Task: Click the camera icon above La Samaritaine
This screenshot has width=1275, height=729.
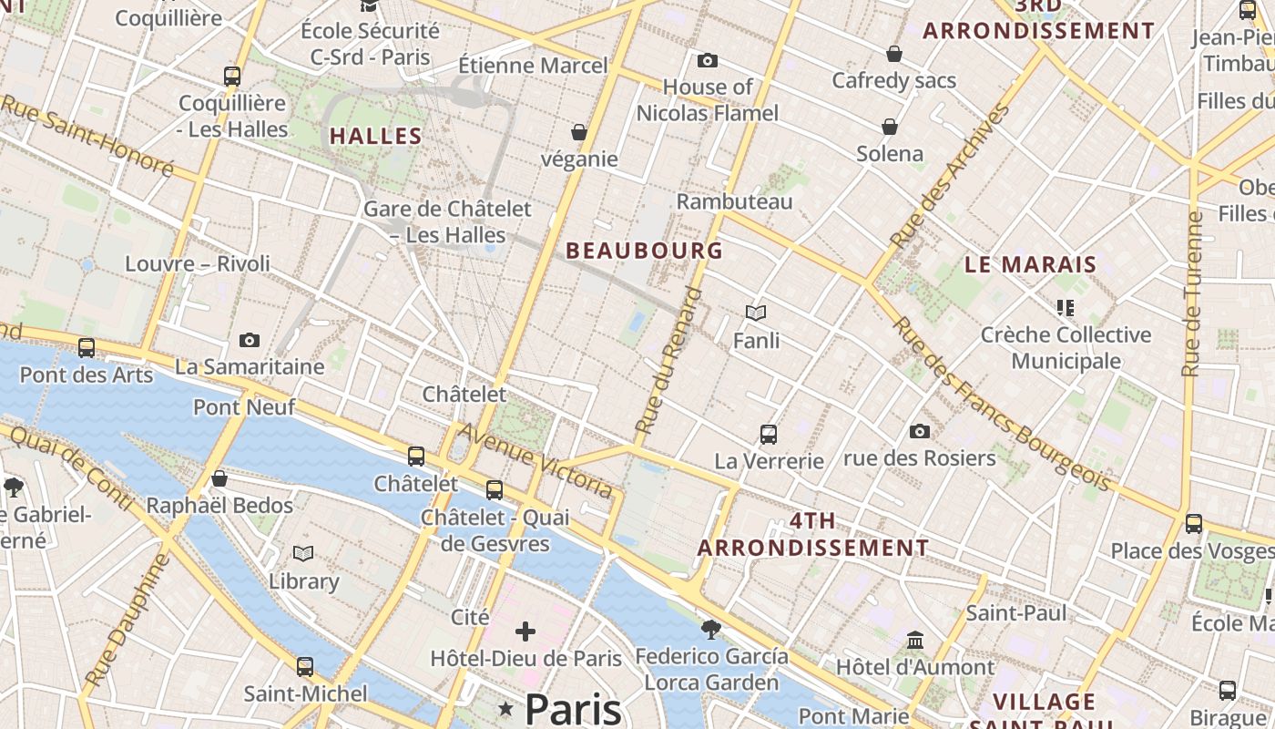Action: click(250, 341)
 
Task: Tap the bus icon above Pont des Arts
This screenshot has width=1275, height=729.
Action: click(87, 347)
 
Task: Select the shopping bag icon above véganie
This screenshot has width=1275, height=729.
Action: click(578, 133)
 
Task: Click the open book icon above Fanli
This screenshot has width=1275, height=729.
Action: click(756, 313)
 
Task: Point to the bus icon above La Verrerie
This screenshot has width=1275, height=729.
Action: click(769, 435)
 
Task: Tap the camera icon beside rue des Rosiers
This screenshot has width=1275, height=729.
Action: click(920, 431)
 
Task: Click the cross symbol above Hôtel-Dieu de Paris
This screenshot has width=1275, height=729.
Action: click(525, 631)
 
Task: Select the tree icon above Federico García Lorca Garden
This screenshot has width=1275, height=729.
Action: click(711, 629)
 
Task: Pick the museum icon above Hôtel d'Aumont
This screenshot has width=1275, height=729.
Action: click(915, 641)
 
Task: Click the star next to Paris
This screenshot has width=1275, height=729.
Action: click(505, 709)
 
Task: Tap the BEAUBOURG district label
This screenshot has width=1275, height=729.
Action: click(645, 251)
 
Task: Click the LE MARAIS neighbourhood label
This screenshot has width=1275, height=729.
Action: click(1031, 265)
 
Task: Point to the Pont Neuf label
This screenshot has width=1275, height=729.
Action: click(244, 406)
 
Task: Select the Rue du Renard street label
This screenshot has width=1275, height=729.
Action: click(668, 361)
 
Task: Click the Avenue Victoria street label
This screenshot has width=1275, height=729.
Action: click(535, 461)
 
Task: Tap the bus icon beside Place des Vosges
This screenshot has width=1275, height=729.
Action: click(1193, 524)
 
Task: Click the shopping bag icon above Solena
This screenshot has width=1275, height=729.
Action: click(890, 127)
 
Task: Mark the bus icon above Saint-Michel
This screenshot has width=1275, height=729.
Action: click(305, 667)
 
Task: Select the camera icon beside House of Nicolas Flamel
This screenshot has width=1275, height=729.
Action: click(707, 61)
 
